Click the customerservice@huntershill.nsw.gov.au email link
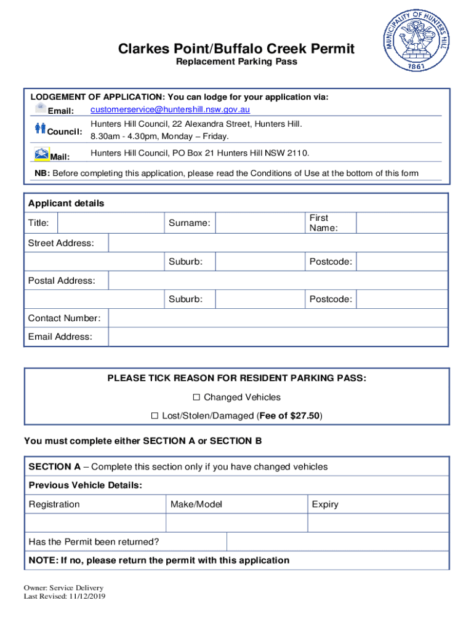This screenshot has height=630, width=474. click(x=170, y=110)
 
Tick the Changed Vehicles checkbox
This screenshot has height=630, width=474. click(x=198, y=397)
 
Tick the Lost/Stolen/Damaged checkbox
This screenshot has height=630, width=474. click(x=155, y=416)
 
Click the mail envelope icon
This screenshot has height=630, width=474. click(x=41, y=154)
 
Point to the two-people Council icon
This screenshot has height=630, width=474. click(x=40, y=128)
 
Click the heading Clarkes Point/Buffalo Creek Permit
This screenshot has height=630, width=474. click(x=237, y=49)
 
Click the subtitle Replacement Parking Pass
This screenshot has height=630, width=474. click(x=237, y=62)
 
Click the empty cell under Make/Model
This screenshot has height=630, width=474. click(x=236, y=523)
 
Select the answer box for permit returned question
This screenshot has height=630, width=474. click(x=337, y=541)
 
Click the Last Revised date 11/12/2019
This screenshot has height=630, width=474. click(x=87, y=596)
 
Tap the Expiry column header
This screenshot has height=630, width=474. click(x=325, y=504)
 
